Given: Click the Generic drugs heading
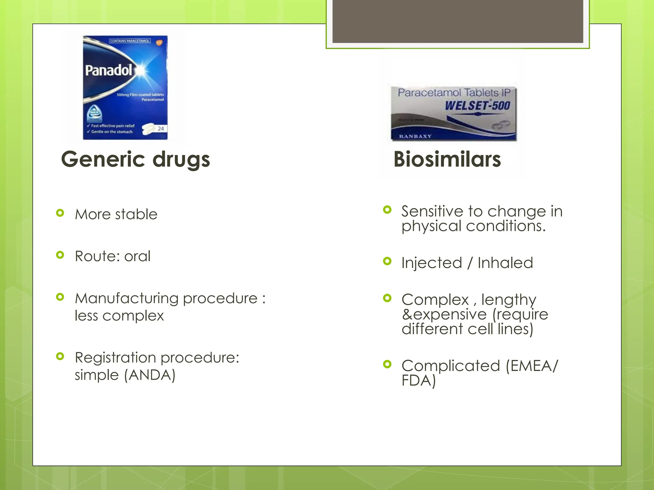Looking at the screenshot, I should pyautogui.click(x=135, y=160).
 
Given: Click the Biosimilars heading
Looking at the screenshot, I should pyautogui.click(x=447, y=160).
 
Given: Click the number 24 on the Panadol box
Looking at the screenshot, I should pyautogui.click(x=161, y=129).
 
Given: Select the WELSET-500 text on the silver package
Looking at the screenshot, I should pyautogui.click(x=477, y=106).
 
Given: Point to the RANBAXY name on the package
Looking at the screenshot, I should pyautogui.click(x=415, y=137).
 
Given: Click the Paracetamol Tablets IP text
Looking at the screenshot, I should pyautogui.click(x=454, y=93).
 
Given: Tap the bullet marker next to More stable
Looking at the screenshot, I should pyautogui.click(x=60, y=213).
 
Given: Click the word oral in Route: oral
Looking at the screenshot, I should pyautogui.click(x=137, y=256).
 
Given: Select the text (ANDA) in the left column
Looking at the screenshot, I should pyautogui.click(x=150, y=375).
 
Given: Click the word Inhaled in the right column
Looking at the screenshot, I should pyautogui.click(x=505, y=263).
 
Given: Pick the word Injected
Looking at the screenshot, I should pyautogui.click(x=432, y=263).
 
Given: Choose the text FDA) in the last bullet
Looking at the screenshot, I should pyautogui.click(x=419, y=381).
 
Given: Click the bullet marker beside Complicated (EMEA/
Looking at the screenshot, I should pyautogui.click(x=387, y=364).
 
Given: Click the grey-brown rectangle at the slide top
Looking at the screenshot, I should pyautogui.click(x=458, y=21).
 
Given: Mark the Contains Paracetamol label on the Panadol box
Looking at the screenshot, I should pyautogui.click(x=130, y=41).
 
